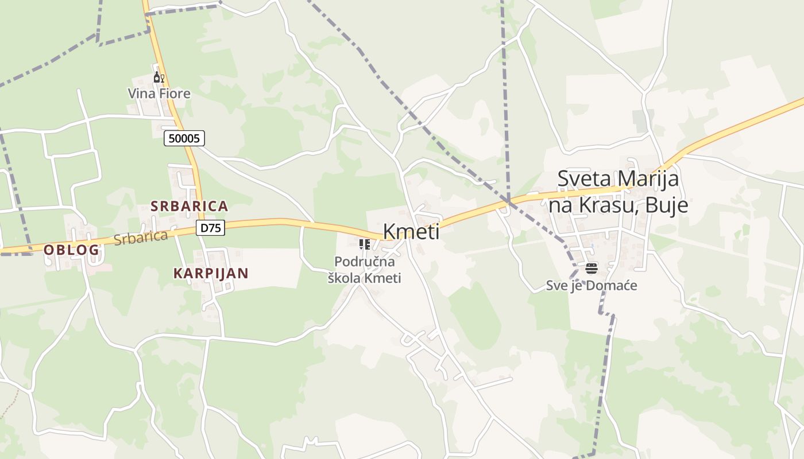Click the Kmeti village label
(x=411, y=232)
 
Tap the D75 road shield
(x=210, y=228)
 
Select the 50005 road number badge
(x=184, y=138)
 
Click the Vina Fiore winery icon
(x=159, y=77)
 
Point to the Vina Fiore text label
(x=159, y=94)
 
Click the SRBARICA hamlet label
(x=190, y=206)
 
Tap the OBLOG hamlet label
(x=72, y=250)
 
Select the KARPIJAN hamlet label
(x=211, y=273)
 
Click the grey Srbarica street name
(x=141, y=237)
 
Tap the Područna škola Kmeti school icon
(x=364, y=245)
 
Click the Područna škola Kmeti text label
(x=364, y=270)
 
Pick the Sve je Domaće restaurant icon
(x=592, y=268)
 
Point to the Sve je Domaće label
(x=592, y=285)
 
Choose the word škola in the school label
(x=345, y=278)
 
